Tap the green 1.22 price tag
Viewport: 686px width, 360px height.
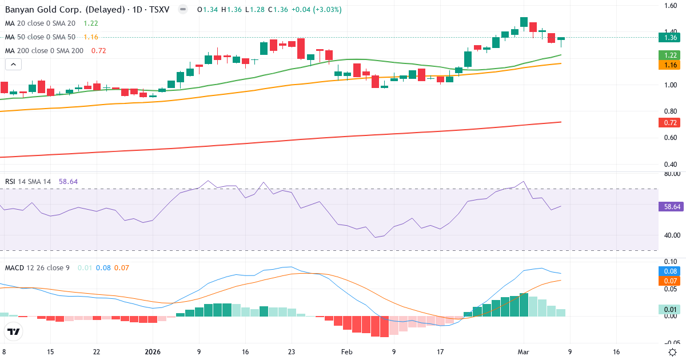click(671, 55)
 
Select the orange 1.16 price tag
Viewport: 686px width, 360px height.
click(671, 66)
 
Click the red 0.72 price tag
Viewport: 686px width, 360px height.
click(671, 122)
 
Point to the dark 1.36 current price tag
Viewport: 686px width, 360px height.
click(671, 38)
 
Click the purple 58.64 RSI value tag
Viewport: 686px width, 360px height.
click(671, 207)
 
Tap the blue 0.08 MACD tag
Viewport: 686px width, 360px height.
click(671, 271)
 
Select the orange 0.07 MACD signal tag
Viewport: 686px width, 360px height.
click(671, 281)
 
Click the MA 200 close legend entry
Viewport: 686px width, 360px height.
click(45, 51)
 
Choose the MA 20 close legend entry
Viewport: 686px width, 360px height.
click(40, 23)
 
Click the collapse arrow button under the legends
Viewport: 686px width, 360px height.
click(14, 65)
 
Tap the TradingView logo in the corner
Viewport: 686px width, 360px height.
click(14, 331)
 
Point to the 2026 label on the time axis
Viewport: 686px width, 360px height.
click(153, 352)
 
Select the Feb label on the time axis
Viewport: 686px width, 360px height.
click(347, 352)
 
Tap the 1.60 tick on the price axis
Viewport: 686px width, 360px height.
click(671, 6)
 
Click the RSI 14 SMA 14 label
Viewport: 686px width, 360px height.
click(28, 182)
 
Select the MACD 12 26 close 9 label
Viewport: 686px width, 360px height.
click(37, 267)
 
